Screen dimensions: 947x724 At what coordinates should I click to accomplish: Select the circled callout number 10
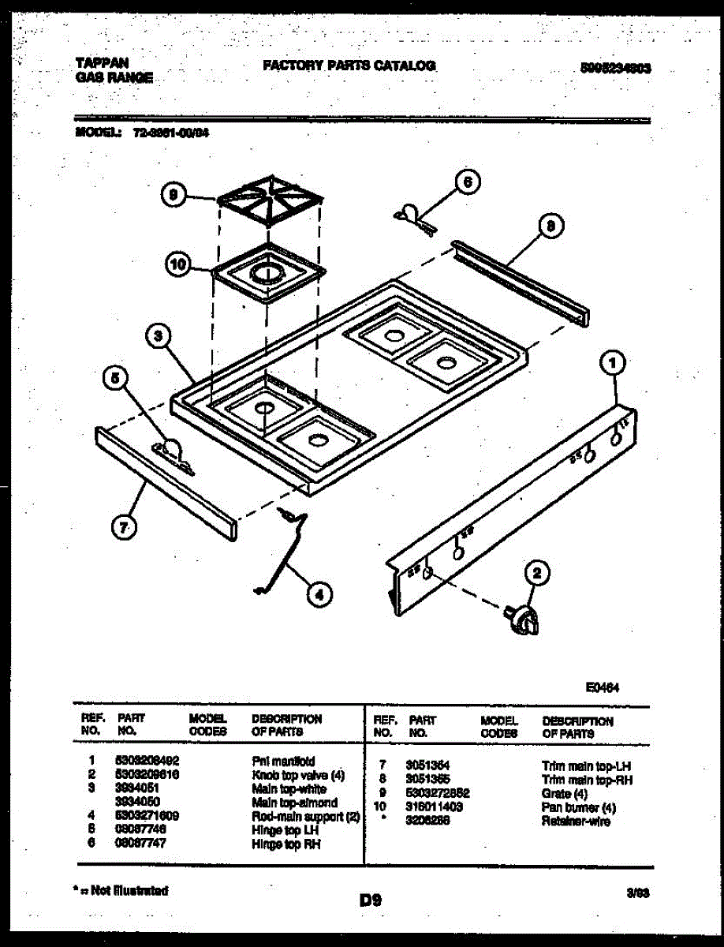pos(177,266)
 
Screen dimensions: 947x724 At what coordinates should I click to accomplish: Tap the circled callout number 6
pos(468,182)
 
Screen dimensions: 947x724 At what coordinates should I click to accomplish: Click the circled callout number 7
pos(122,527)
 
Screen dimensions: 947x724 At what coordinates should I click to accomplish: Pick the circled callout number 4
pos(319,594)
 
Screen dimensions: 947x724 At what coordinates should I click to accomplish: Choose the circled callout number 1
pos(613,363)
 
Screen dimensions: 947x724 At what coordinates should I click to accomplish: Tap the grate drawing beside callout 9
pos(270,201)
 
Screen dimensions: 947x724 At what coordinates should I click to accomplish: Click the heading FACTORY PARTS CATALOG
pos(349,66)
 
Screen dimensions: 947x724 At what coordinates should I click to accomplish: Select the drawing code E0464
pos(602,687)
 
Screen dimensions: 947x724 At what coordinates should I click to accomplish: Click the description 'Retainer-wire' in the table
pos(576,822)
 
